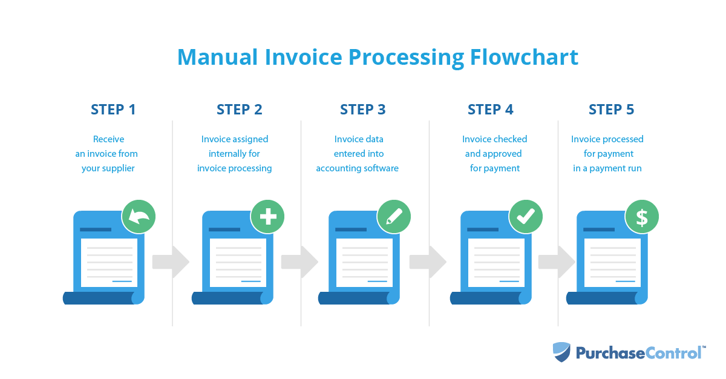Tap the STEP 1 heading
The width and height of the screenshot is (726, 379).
point(113,110)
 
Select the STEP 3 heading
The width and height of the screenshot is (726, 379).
point(362,110)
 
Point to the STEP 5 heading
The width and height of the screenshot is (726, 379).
point(612,110)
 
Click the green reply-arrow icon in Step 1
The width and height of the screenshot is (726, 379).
point(139,216)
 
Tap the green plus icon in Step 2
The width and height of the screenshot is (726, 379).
point(267,216)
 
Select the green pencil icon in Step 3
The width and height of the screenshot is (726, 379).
point(394,216)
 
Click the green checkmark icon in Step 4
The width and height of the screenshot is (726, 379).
point(526,216)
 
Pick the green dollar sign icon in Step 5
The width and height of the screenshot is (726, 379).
point(642,216)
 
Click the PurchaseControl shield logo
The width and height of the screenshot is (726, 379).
point(561,352)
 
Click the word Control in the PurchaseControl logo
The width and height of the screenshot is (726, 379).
point(672,352)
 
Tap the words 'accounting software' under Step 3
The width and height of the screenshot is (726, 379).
point(357,168)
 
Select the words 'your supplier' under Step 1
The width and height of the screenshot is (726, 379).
point(108,168)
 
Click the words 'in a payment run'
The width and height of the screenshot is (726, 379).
point(607,168)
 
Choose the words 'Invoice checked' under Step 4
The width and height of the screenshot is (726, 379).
point(495,139)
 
